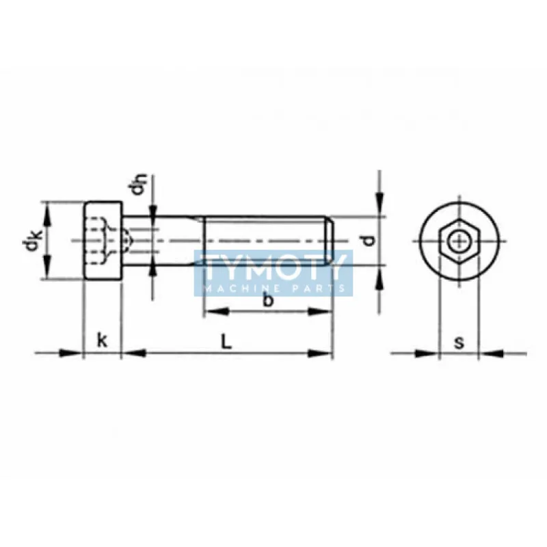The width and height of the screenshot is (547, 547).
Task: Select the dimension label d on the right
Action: pyautogui.click(x=369, y=239)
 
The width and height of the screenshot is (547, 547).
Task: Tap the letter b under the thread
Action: pyautogui.click(x=268, y=301)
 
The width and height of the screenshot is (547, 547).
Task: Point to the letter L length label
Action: pyautogui.click(x=226, y=341)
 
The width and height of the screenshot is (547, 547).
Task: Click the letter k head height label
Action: pyautogui.click(x=102, y=341)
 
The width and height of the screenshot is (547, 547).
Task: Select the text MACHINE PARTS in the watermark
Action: pyautogui.click(x=273, y=288)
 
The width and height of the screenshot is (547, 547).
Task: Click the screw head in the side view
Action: pyautogui.click(x=103, y=241)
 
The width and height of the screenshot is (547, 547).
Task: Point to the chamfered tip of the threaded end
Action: pyautogui.click(x=330, y=241)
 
